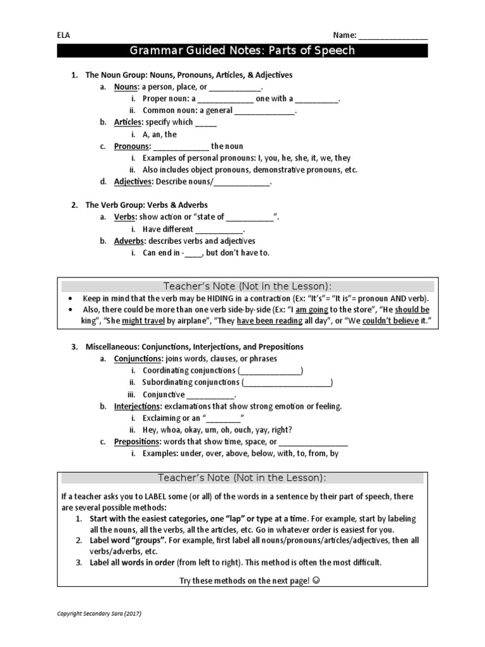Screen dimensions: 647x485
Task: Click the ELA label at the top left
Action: [x=63, y=35]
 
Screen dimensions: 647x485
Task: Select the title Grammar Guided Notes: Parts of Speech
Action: [x=242, y=51]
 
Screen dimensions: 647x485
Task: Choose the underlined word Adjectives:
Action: [x=133, y=181]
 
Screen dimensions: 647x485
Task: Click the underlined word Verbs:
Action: [x=125, y=217]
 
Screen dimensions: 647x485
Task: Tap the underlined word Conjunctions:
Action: [x=138, y=358]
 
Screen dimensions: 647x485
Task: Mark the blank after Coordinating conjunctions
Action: [x=270, y=371]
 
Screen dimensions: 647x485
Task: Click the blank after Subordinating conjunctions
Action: [x=287, y=383]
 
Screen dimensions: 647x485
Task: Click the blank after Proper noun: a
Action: [x=225, y=99]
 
